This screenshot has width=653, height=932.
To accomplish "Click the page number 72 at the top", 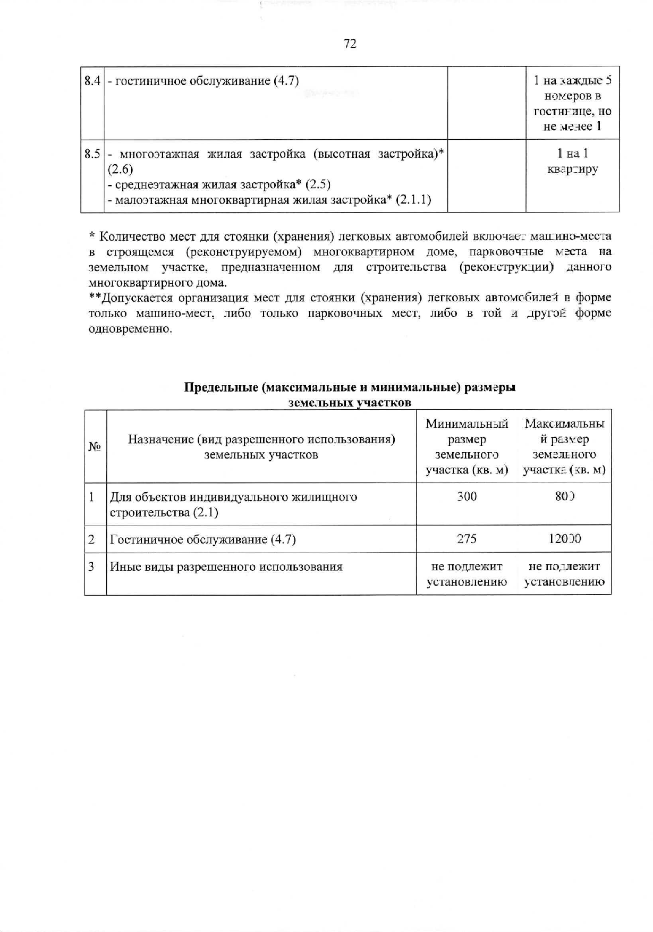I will tap(350, 44).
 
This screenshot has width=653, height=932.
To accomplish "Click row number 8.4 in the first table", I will tap(92, 81).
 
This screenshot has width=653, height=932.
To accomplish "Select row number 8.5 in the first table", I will tap(92, 154).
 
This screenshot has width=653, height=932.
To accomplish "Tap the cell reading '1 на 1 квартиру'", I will tap(572, 162).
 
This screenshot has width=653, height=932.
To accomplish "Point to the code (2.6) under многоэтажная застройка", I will tap(121, 170).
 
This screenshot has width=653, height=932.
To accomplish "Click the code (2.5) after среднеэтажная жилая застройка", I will tap(318, 185).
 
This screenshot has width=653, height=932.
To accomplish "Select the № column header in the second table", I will tap(95, 447).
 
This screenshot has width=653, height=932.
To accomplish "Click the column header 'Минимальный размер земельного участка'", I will tap(467, 447).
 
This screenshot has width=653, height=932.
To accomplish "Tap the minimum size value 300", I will tap(467, 497).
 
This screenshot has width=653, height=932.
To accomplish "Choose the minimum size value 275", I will tap(467, 539).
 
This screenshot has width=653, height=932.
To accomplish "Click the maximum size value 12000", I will tap(564, 539).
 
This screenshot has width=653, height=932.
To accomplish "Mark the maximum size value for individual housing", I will tap(565, 497).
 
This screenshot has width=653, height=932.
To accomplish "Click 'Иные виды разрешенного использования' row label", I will tap(226, 567).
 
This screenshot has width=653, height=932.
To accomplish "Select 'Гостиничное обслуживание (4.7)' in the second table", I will tap(202, 540).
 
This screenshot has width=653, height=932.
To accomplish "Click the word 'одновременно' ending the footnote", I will tap(130, 329).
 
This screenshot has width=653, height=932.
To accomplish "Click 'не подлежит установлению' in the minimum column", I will tap(467, 574).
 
